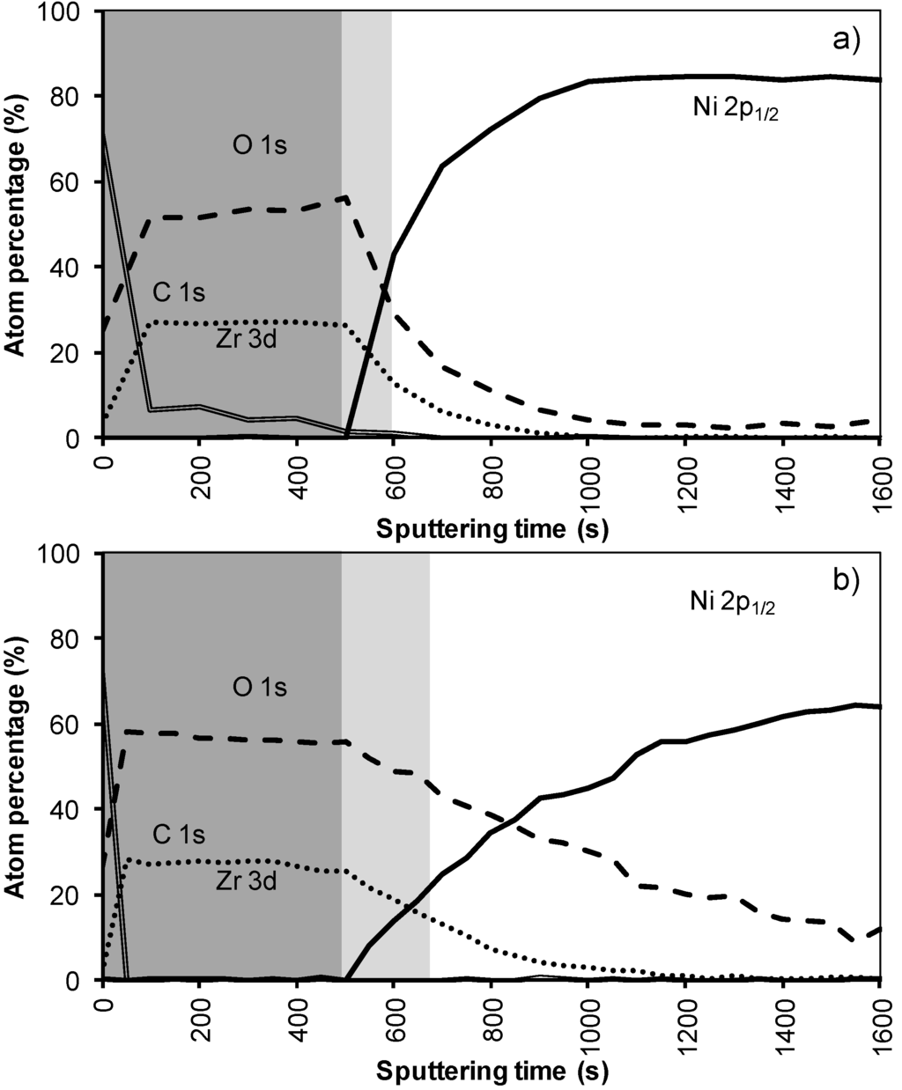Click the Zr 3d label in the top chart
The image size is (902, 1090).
coord(246,339)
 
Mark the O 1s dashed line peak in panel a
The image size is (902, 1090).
coord(346,197)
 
